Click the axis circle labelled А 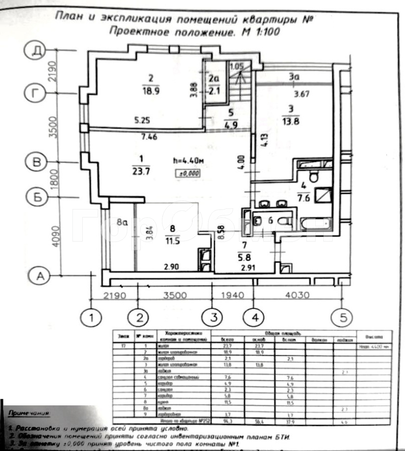(39, 275)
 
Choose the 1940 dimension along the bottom (234, 295)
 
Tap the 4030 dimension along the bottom (298, 295)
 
